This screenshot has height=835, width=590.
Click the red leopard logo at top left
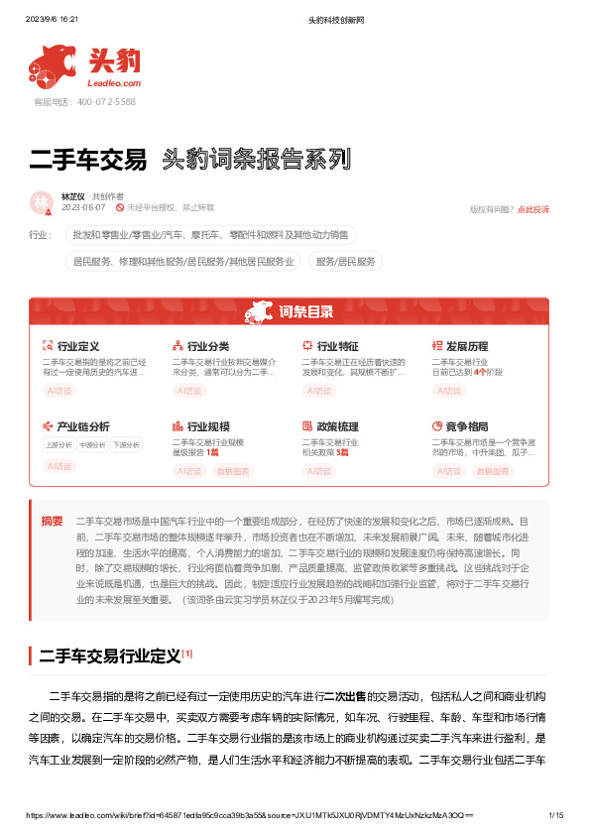pyautogui.click(x=51, y=65)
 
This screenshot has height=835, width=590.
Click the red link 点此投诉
pyautogui.click(x=533, y=209)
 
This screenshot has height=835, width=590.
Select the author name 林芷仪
pyautogui.click(x=73, y=196)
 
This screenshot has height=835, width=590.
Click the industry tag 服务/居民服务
pyautogui.click(x=347, y=262)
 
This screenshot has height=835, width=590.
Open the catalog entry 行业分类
pyautogui.click(x=207, y=346)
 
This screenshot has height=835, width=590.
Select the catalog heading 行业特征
pyautogui.click(x=337, y=346)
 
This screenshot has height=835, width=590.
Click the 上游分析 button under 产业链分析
pyautogui.click(x=59, y=445)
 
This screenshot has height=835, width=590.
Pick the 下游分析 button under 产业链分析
pyautogui.click(x=125, y=445)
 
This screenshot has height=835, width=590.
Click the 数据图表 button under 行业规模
pyautogui.click(x=233, y=472)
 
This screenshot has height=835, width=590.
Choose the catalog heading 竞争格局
pyautogui.click(x=466, y=425)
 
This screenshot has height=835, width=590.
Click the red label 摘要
pyautogui.click(x=52, y=521)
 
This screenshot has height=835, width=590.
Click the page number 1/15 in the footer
pyautogui.click(x=556, y=815)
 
